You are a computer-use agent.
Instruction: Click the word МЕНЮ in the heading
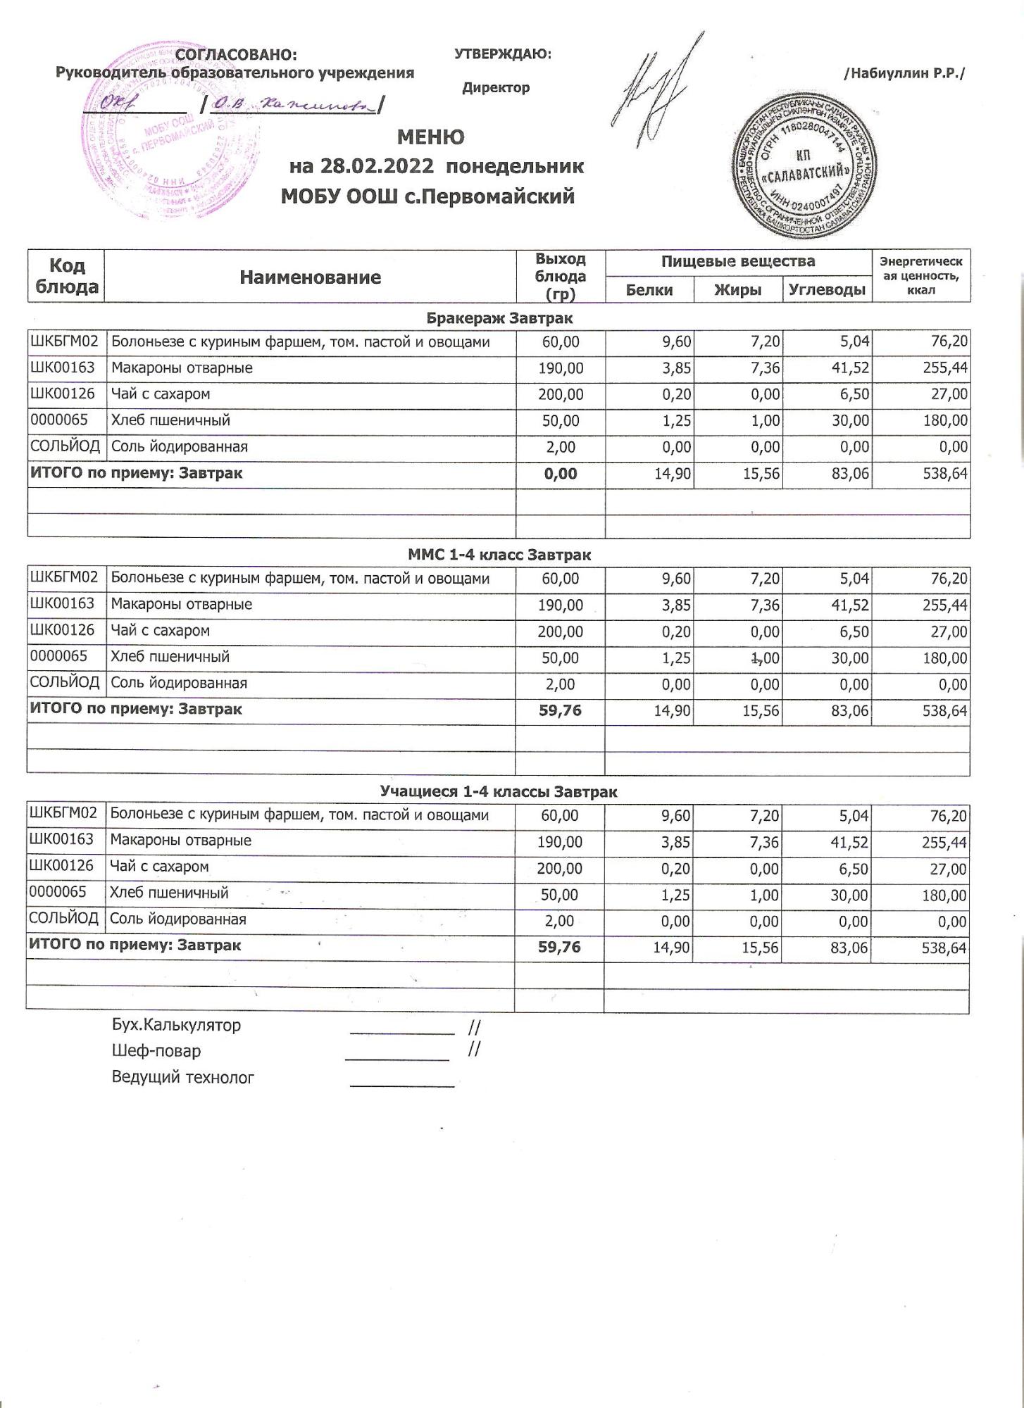pos(430,137)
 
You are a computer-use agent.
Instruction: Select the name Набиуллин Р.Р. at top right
pos(904,73)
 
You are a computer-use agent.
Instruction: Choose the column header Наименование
pos(310,277)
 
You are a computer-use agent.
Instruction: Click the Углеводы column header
pos(827,289)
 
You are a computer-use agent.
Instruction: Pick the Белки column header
pos(649,289)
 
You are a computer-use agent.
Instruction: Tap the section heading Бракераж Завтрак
pos(499,318)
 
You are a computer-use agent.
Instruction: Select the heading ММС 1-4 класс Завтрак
pos(499,555)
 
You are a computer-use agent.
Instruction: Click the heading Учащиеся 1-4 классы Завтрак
pos(499,791)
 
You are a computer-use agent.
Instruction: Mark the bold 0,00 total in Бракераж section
pos(561,474)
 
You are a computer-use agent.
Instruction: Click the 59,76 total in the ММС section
pos(560,711)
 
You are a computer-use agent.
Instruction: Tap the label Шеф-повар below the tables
pos(156,1051)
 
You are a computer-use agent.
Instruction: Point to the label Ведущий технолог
pos(183,1077)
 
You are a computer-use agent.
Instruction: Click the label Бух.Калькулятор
pos(176,1025)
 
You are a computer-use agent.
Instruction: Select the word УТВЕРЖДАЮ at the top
pos(502,54)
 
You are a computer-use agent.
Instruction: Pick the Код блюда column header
pos(66,276)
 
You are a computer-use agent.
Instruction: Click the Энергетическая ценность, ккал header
pos(921,275)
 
